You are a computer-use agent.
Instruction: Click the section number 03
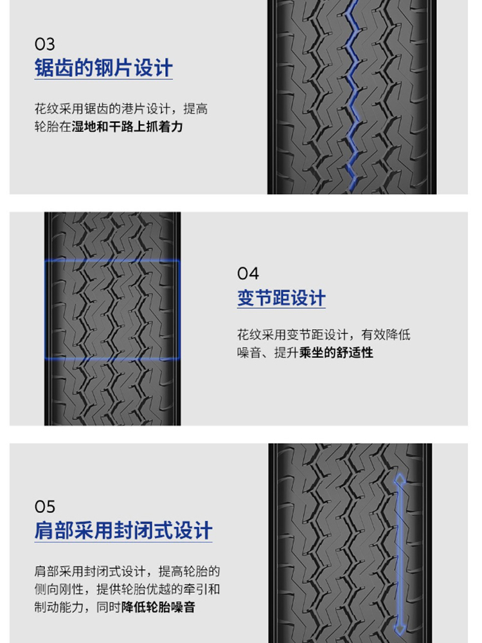click(x=45, y=44)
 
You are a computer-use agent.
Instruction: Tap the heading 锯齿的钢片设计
click(x=103, y=68)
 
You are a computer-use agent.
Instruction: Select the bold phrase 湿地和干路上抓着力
click(x=127, y=127)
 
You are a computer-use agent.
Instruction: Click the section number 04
click(x=248, y=273)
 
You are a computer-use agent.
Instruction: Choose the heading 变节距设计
click(x=281, y=298)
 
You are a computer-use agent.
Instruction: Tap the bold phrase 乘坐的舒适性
click(x=336, y=352)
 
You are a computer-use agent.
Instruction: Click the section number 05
click(x=45, y=507)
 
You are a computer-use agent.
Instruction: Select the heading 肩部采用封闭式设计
click(x=123, y=530)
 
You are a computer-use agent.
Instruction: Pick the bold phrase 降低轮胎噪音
click(x=158, y=607)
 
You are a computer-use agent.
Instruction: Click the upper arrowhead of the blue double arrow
click(x=400, y=478)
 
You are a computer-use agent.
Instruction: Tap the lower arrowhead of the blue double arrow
click(x=400, y=630)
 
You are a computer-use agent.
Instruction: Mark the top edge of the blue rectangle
click(x=112, y=260)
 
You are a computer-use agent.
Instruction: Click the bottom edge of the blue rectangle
click(x=112, y=359)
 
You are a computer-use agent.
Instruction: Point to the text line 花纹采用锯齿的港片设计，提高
click(x=121, y=109)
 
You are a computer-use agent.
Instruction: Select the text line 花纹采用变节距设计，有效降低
click(x=324, y=334)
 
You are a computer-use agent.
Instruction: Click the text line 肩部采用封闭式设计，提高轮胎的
click(x=127, y=571)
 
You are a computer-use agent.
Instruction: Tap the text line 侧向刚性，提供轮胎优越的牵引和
click(x=127, y=589)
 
